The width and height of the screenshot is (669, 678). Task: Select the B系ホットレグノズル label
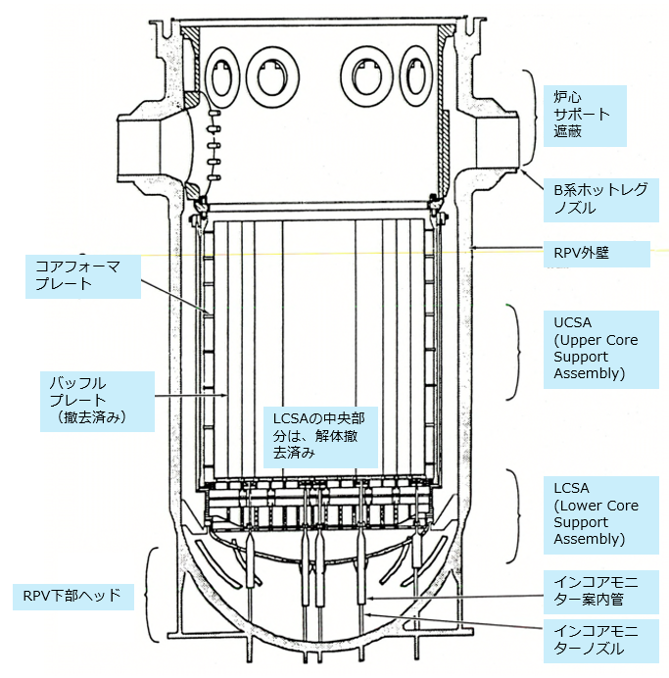(597, 199)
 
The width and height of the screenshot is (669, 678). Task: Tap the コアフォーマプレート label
(77, 274)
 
